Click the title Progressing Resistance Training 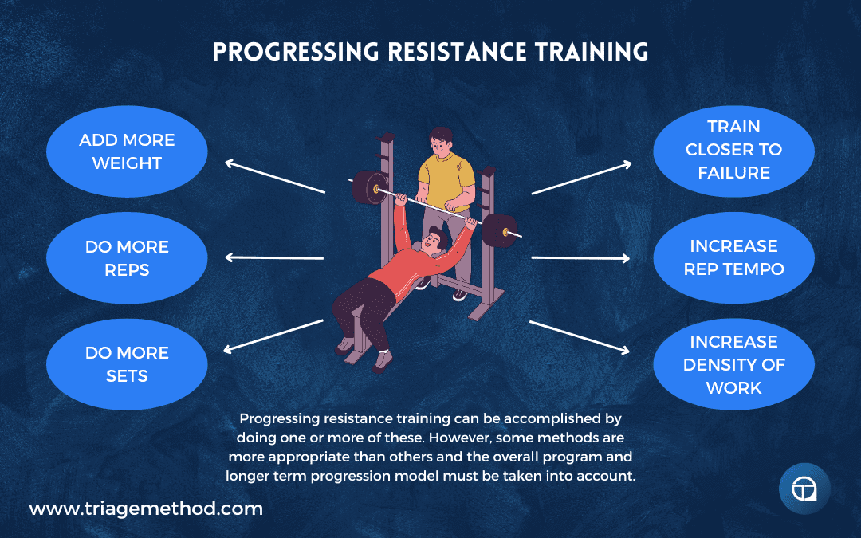click(430, 52)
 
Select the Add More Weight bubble click(127, 151)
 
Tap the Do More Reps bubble click(127, 258)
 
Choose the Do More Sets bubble click(127, 363)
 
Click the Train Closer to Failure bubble click(733, 150)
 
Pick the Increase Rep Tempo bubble click(733, 257)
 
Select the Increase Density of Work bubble click(733, 364)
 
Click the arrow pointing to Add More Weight click(274, 177)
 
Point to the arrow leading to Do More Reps click(274, 257)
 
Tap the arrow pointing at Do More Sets click(274, 336)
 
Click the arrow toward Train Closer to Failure click(581, 178)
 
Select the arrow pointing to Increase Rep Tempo click(581, 257)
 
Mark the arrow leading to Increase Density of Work click(581, 336)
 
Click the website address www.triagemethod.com click(146, 509)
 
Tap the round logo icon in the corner click(804, 489)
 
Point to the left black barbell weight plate click(369, 188)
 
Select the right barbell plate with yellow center click(501, 231)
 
